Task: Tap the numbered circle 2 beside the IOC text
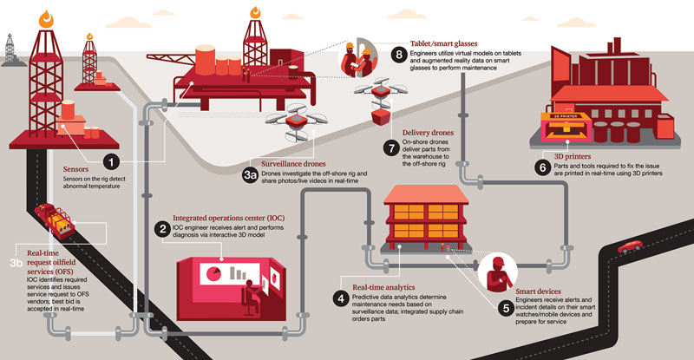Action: pyautogui.click(x=161, y=228)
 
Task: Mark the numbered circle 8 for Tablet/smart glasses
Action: pyautogui.click(x=398, y=54)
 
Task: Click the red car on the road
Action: pyautogui.click(x=630, y=246)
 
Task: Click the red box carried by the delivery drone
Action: pyautogui.click(x=379, y=116)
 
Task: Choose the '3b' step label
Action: pyautogui.click(x=16, y=260)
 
